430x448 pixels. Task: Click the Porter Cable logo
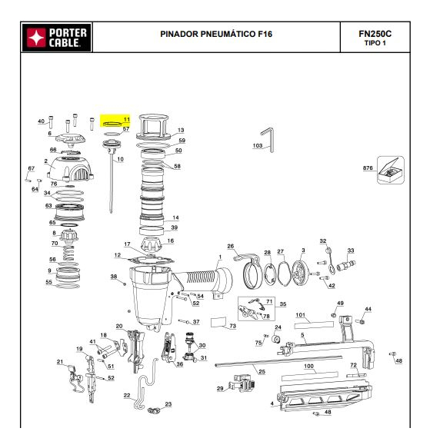56,38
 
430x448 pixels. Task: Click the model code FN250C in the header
375,34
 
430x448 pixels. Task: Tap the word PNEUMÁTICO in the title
228,34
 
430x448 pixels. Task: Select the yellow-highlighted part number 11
126,119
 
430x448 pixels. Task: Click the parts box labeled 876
391,170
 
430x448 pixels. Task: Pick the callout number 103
258,145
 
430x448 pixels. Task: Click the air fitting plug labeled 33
346,265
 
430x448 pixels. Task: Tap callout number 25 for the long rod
262,371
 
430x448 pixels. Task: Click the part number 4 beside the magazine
272,403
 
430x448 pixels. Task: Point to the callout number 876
368,168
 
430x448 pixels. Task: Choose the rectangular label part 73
218,322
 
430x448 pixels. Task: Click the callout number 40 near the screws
42,121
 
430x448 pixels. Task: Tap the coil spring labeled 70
68,253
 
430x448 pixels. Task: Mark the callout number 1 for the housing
220,257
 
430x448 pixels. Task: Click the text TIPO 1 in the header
375,43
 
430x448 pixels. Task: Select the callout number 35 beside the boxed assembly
282,304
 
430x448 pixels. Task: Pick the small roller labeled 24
276,339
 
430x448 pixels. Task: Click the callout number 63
48,206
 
